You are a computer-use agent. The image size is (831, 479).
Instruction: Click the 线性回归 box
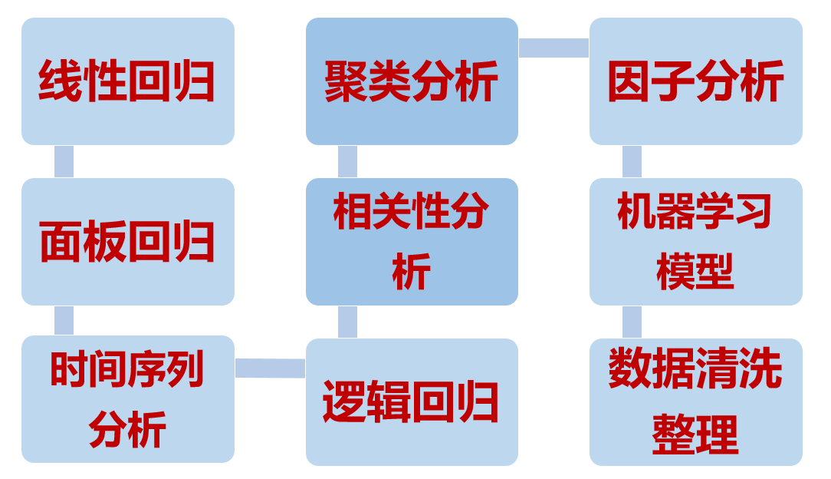pos(127,81)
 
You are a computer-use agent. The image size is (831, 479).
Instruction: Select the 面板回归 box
pos(127,241)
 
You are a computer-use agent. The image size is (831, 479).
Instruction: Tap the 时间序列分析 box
pos(127,399)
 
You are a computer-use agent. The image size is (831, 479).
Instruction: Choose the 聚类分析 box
pos(412,81)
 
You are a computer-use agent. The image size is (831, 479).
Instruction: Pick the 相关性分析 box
pos(412,241)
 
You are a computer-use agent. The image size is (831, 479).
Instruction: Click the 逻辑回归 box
pos(412,401)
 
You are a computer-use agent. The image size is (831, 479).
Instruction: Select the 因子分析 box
pos(695,81)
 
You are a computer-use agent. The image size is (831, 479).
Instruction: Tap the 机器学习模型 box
pos(695,241)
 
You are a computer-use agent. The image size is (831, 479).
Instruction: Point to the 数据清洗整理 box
pos(695,401)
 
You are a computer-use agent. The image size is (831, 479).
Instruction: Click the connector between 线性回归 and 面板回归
pos(64,161)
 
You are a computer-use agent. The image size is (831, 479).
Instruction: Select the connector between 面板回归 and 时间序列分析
pos(64,320)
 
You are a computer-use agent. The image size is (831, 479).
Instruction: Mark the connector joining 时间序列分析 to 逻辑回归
pos(270,368)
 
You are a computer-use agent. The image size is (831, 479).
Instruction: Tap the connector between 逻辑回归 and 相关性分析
pos(347,322)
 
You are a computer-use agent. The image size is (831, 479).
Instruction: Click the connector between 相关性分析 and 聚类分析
pos(347,161)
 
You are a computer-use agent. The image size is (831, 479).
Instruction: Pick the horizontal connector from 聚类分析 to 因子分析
pos(553,48)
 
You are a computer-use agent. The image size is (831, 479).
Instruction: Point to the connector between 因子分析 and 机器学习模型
pos(632,161)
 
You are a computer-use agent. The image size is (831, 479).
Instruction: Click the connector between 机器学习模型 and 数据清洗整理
pos(632,322)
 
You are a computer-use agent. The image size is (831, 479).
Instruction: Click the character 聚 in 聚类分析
pos(346,81)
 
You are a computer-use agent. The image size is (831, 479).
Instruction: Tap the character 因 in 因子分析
pos(629,81)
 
